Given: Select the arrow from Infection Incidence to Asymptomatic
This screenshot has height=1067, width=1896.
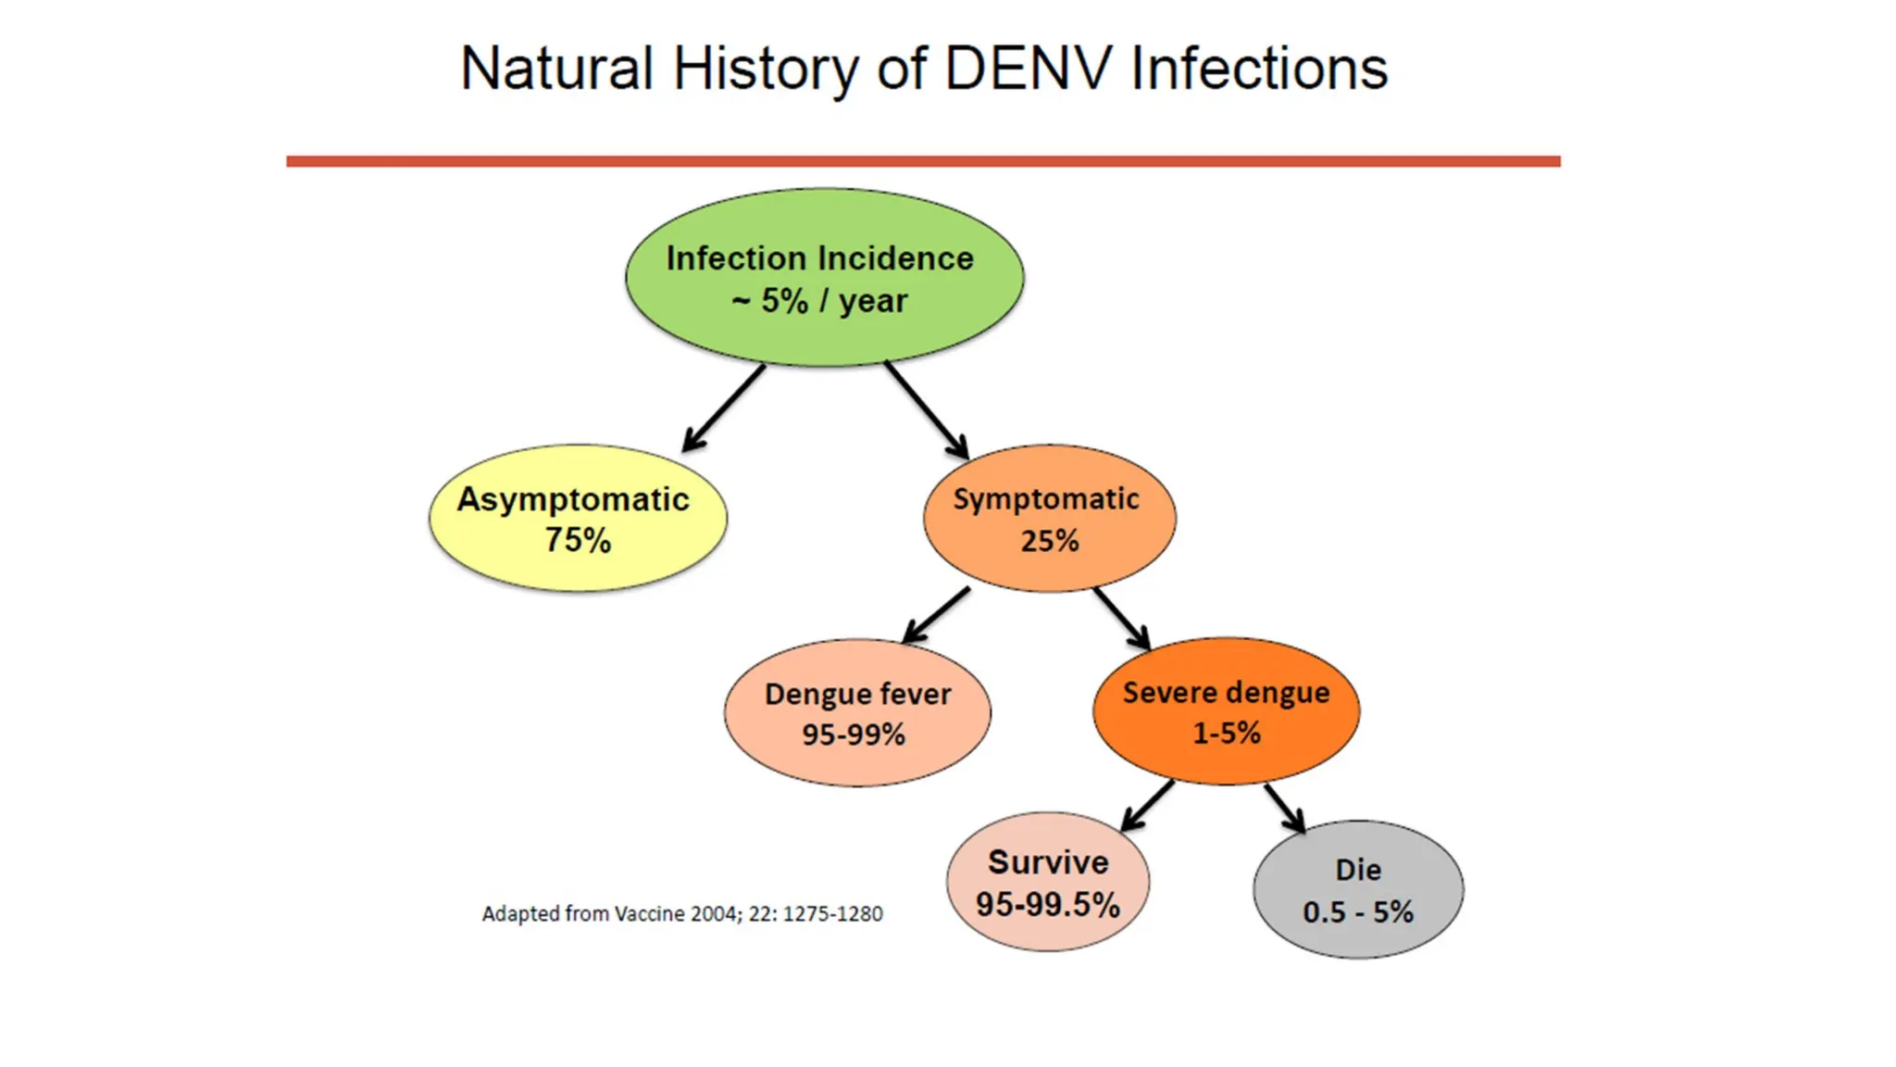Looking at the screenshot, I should click(724, 408).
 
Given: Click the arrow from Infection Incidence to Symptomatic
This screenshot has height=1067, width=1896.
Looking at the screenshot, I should click(926, 409).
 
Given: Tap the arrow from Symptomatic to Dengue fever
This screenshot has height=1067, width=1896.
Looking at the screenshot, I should click(936, 615).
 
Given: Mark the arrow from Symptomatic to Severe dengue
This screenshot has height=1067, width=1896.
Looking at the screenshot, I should click(1122, 618).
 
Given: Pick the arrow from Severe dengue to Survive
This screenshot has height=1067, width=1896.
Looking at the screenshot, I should click(1147, 806).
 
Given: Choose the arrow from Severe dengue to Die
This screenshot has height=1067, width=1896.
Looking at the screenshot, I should click(1285, 808).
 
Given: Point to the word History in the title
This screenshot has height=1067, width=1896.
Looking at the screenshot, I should click(765, 70).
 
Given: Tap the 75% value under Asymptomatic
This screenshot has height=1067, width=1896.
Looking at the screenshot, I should click(578, 540).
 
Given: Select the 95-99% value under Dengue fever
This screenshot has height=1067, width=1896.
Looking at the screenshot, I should click(854, 734).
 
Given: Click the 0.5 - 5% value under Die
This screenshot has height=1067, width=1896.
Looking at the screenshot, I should click(1358, 912).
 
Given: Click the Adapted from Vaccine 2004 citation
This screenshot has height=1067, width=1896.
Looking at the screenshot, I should click(682, 914).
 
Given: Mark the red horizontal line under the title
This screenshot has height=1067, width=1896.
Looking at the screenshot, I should click(923, 161).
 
